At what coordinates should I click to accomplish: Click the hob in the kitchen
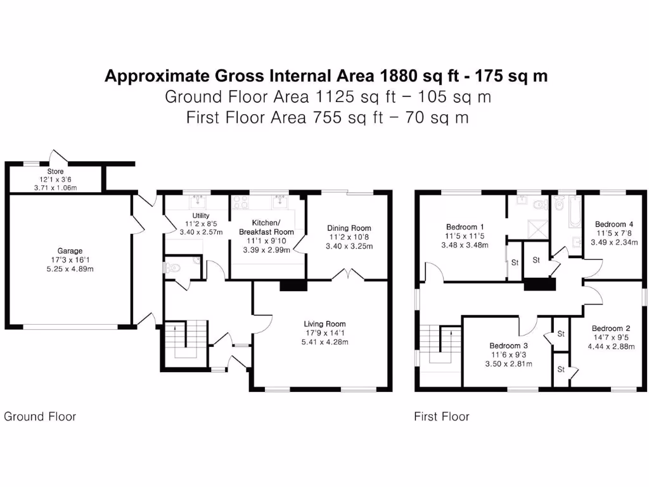pyautogui.click(x=240, y=202)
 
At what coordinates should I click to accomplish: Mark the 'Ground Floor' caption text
pyautogui.click(x=40, y=417)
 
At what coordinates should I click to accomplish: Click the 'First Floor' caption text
pyautogui.click(x=442, y=417)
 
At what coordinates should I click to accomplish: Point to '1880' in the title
pyautogui.click(x=399, y=76)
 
